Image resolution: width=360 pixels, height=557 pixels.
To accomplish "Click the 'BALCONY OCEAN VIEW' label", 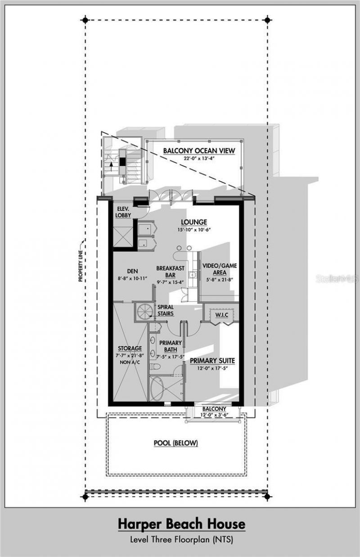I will coord(198,150).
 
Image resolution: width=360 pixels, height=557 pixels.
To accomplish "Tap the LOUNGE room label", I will coord(194,222).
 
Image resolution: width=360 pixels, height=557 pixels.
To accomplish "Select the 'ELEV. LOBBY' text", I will coord(123,212).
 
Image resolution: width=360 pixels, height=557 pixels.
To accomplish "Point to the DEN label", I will coord(132,271).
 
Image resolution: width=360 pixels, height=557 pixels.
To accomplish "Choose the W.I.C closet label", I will coord(220,315).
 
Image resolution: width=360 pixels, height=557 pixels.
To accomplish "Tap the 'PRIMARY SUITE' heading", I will coord(212,361).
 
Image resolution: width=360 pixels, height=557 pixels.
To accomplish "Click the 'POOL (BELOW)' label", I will coord(175,443).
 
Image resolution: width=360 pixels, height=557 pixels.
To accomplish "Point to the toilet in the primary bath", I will coord(155,367).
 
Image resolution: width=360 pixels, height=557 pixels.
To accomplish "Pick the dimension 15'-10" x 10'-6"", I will coord(194,229).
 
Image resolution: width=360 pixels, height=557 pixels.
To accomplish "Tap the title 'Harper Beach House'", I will coord(182,524).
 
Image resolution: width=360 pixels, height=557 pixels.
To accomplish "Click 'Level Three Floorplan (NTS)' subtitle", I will coord(182,539).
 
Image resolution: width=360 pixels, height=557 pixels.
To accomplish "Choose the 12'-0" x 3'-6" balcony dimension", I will coord(214,415).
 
